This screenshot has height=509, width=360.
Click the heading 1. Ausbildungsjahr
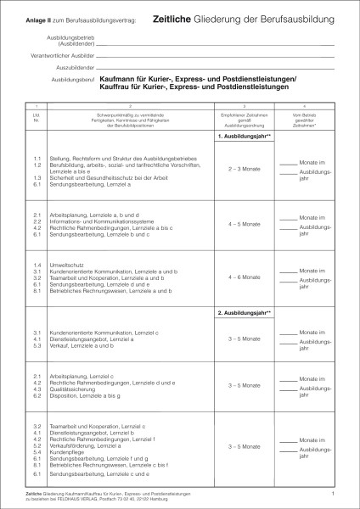(x=245, y=137)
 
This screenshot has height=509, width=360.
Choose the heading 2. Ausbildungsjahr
(x=245, y=313)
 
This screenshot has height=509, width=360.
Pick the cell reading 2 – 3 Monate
(x=245, y=170)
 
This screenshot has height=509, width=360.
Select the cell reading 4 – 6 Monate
(x=245, y=277)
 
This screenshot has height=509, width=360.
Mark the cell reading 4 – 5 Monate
(x=245, y=224)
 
